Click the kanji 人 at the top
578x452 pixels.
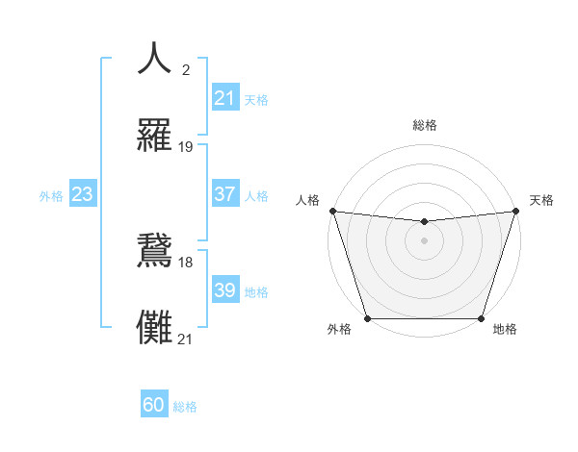155,59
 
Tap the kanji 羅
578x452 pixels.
155,136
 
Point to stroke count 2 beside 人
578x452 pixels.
185,70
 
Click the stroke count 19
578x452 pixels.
186,147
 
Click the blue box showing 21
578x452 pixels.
224,98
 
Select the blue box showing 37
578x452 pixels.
224,194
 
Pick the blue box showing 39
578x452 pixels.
224,290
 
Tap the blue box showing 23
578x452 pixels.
82,194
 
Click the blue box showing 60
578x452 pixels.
154,406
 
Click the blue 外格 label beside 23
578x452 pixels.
51,195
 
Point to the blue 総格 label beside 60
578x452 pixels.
185,407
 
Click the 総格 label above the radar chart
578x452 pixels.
424,125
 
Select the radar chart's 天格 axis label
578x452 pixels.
542,200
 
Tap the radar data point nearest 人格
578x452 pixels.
332,211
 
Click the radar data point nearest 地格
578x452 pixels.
481,318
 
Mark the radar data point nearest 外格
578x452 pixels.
367,318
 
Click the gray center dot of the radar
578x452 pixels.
424,240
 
